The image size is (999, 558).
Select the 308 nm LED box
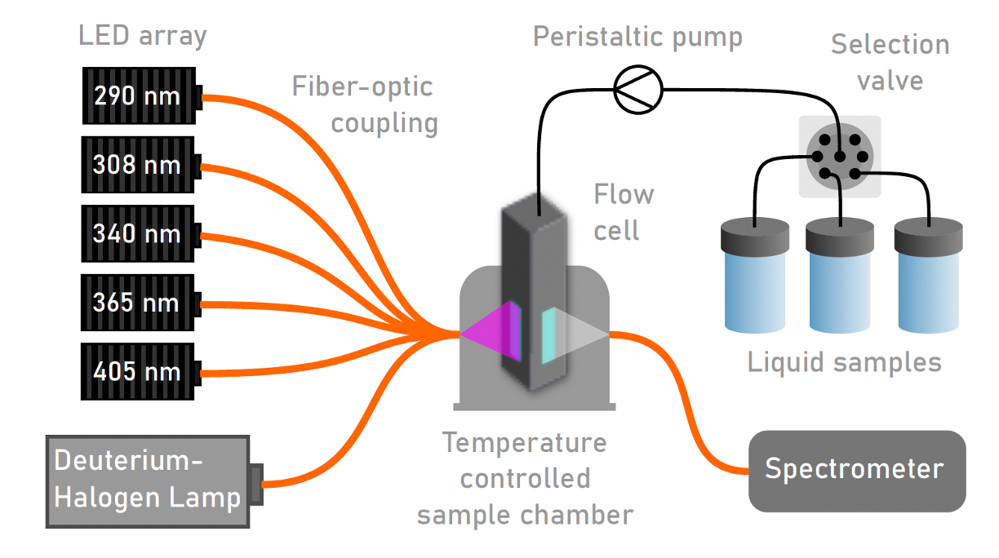pyautogui.click(x=138, y=166)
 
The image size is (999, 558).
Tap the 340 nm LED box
pyautogui.click(x=138, y=234)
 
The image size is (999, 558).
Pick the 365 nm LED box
pyautogui.click(x=138, y=303)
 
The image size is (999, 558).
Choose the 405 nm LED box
pyautogui.click(x=138, y=372)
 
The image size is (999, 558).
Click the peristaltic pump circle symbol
pyautogui.click(x=637, y=88)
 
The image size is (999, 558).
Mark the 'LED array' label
pyautogui.click(x=142, y=36)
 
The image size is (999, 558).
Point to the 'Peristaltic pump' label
pyautogui.click(x=637, y=38)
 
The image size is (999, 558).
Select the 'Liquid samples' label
pyautogui.click(x=844, y=361)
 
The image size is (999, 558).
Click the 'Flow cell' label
pyautogui.click(x=623, y=212)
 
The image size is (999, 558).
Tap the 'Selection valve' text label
pyautogui.click(x=890, y=62)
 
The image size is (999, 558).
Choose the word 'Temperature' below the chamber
pyautogui.click(x=525, y=443)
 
